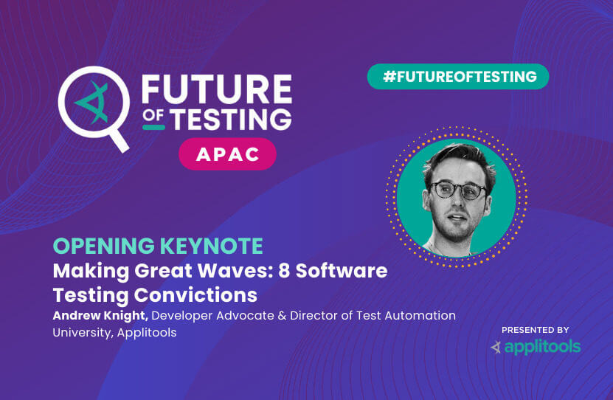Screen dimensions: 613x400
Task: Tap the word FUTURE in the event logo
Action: (217, 89)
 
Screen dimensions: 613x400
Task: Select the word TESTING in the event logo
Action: (232, 119)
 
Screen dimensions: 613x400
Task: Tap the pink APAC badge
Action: (227, 154)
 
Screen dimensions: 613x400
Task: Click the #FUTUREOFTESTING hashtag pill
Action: (458, 77)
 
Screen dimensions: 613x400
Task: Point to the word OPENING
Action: (104, 246)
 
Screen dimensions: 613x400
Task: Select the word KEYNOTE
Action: (212, 246)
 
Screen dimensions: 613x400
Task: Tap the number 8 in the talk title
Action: (284, 271)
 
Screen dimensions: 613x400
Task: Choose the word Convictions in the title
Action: (195, 294)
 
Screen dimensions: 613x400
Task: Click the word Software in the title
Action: (342, 271)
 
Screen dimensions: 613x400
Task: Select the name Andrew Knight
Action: (100, 316)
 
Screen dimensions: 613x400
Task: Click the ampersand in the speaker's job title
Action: (282, 316)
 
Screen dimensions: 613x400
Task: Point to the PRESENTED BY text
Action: (536, 330)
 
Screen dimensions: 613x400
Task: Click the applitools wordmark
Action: (542, 347)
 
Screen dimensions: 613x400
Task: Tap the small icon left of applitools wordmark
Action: (496, 347)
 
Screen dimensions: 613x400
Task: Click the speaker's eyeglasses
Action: (458, 190)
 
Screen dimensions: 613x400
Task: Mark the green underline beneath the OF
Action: (153, 127)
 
